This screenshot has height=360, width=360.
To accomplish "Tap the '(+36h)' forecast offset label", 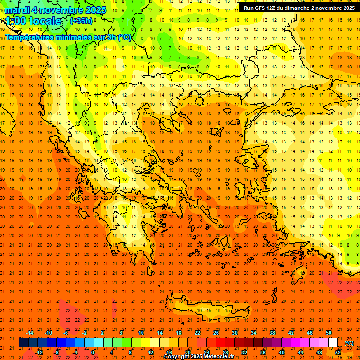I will tap(81, 21).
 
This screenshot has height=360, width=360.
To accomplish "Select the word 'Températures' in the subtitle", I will tap(28, 37).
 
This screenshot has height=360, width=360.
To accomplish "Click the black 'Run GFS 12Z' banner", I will tap(299, 7).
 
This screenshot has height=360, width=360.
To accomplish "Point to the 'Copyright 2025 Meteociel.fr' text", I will tap(199, 357).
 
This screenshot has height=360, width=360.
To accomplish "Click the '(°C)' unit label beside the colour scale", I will tap(349, 343).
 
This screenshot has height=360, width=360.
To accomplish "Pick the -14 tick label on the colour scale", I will tap(30, 332).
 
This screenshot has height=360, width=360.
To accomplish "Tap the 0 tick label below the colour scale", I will tap(93, 352).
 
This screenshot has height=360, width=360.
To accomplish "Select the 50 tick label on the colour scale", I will tap(328, 332).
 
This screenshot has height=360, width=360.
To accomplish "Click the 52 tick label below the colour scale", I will tap(338, 352).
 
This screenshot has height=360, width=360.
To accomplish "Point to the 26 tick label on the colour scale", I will tap(216, 332).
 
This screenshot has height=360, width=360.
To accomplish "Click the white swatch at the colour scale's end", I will tap(333, 343).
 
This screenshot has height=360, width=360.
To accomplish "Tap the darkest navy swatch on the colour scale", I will tap(23, 343).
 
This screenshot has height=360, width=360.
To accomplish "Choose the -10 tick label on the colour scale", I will tap(48, 332).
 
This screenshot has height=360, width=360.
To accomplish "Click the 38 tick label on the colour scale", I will tap(272, 332).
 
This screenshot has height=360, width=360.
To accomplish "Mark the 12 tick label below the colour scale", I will tap(150, 352).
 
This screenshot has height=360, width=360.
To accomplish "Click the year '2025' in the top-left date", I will tap(93, 10).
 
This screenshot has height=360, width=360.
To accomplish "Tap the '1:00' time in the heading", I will tap(15, 21).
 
